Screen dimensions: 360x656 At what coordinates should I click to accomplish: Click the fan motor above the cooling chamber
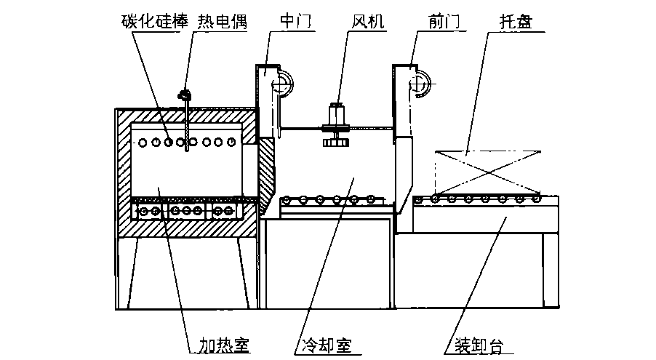click(x=336, y=116)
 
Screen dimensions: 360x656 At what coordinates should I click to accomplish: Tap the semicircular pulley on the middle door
click(x=284, y=81)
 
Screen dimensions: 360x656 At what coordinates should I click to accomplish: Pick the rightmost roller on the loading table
click(x=536, y=198)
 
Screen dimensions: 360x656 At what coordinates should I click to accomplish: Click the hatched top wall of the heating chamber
click(x=185, y=116)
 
